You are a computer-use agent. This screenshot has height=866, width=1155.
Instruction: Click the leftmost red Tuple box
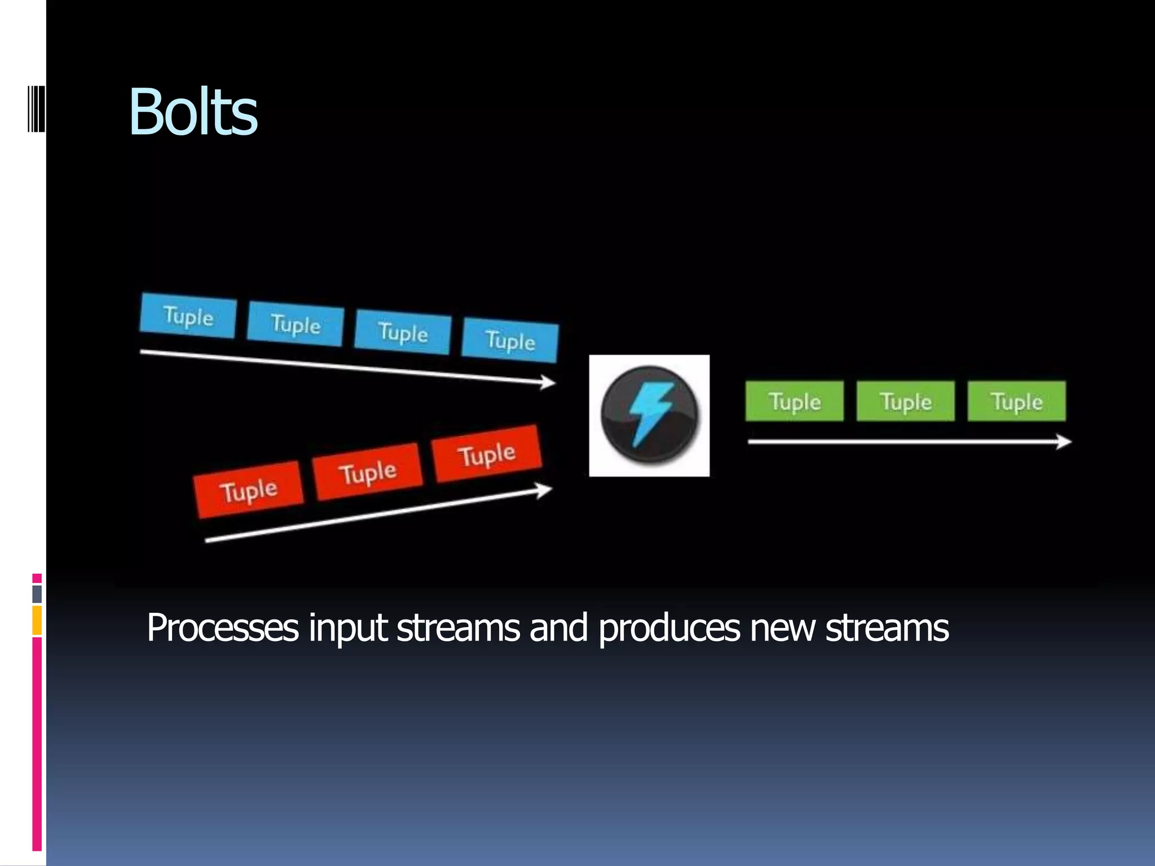248,489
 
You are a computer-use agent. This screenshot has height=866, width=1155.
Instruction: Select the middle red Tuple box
368,471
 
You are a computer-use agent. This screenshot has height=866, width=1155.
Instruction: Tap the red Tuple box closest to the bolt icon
487,454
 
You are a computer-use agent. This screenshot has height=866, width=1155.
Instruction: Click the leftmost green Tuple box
795,401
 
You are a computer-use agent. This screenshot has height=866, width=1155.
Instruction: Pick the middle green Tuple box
906,401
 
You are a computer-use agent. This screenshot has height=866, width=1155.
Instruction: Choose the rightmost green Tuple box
1017,401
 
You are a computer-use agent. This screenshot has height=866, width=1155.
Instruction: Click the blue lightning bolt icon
650,415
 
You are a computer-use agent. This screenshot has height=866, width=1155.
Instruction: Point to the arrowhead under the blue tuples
548,382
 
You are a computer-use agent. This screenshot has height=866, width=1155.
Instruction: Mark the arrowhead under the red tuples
544,490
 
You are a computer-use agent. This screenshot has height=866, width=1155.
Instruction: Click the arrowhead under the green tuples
1063,441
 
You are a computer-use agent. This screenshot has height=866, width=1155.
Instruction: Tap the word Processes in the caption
222,628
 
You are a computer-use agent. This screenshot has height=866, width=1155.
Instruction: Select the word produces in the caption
669,628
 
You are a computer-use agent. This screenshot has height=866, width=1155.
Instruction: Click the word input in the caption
347,628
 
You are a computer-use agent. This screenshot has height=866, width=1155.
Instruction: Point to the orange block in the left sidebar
37,620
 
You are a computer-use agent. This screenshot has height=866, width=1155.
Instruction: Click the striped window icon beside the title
36,108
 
